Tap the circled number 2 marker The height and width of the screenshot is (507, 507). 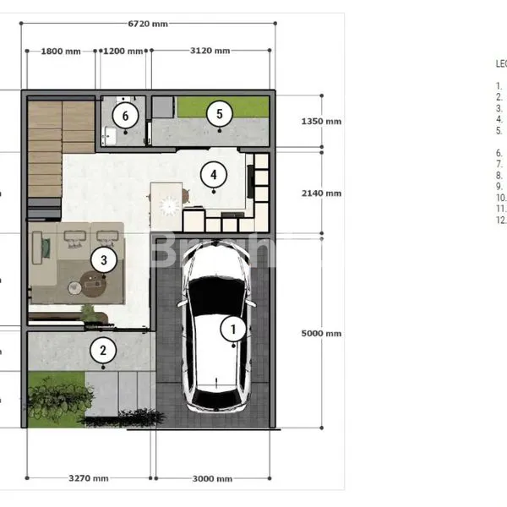coord(103,350)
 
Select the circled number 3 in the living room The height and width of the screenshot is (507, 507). coord(103,259)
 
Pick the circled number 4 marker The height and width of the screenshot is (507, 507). coord(214,175)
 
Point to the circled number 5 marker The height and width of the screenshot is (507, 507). coord(219,113)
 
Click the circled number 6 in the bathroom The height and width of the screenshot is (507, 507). coord(126,115)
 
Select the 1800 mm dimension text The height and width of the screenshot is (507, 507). coord(61,52)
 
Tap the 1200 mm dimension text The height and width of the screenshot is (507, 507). coord(124,52)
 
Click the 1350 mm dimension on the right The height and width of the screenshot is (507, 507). coord(321,122)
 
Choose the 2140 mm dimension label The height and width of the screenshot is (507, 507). coord(321,194)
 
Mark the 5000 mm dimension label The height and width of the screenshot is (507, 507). coord(321,334)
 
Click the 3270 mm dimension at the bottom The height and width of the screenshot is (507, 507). coord(88,478)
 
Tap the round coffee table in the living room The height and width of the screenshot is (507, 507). coord(94,284)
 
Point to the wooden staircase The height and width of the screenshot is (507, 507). coord(44,148)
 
